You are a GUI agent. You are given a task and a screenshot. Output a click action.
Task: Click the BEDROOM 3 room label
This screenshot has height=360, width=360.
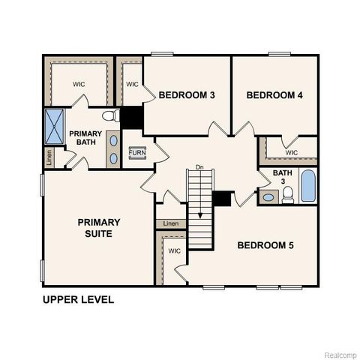[187, 94]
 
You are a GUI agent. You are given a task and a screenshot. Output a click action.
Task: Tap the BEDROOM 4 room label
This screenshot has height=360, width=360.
[274, 94]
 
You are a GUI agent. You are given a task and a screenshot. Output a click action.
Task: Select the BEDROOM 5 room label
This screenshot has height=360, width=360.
[265, 245]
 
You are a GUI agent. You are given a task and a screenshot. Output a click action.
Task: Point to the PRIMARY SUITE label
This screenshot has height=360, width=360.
[99, 227]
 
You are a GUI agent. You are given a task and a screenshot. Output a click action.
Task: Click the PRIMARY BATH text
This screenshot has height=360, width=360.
[85, 139]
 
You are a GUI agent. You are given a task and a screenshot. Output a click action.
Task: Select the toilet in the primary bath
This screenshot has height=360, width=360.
[110, 116]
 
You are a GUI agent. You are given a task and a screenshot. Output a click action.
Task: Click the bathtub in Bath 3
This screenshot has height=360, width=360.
[307, 186]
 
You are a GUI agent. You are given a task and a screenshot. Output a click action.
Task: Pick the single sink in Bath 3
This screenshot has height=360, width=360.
[268, 198]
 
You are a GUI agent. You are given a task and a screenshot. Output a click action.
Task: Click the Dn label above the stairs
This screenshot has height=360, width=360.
[199, 166]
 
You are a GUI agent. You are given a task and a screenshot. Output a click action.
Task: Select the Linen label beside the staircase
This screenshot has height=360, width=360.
[171, 223]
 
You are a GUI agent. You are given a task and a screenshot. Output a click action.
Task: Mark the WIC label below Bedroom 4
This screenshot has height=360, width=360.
[292, 152]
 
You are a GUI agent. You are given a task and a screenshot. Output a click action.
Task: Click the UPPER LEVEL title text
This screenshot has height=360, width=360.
[78, 299]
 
